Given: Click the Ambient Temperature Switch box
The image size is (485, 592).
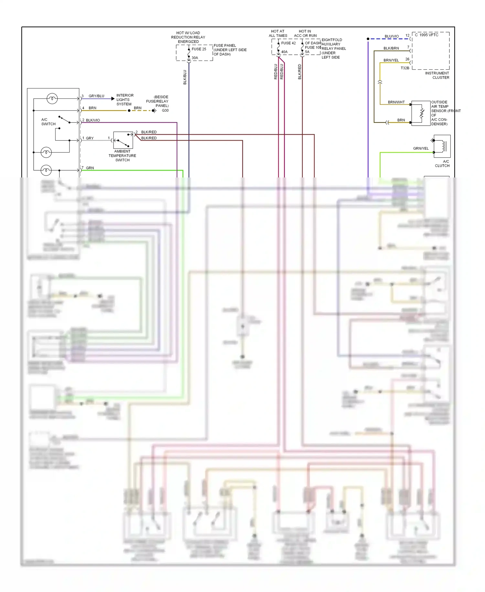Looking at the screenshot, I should point(123,140).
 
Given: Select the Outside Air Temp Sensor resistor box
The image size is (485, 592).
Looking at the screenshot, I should point(421,113).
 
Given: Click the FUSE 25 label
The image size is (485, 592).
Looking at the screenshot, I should point(199,49).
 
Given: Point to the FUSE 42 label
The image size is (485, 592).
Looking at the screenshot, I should point(288,43).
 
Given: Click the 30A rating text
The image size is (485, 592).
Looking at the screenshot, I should point(195,58).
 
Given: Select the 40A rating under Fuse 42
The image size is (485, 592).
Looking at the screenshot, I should point(284,52).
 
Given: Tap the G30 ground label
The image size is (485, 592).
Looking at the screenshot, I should point(165,110).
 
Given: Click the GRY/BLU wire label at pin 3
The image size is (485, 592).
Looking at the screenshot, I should point(96,96).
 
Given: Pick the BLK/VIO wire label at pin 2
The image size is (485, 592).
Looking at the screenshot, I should point(93,120).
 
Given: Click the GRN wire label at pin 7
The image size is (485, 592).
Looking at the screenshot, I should point(90,168).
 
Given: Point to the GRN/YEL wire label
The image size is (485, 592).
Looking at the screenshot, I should point(421,148).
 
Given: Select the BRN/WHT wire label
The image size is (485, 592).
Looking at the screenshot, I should point(396,102).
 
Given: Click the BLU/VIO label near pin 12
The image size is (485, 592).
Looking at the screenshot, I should point(392,36).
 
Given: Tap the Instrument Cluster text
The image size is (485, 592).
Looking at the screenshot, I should point(437,75).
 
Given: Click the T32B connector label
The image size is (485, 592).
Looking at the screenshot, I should point(405,68).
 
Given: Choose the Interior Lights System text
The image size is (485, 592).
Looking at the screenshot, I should point(124,100).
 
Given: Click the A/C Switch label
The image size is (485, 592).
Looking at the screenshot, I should point(48,122).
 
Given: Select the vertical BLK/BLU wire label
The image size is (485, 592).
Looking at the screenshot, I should point(185,77).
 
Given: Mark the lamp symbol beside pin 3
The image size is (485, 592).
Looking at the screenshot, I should point(52,98).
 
